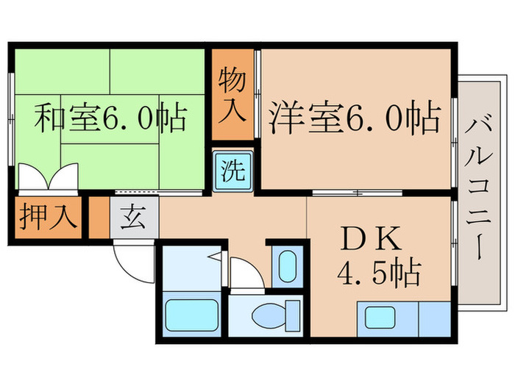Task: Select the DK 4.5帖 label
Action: click(379, 257)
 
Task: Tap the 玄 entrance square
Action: click(134, 218)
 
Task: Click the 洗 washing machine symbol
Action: click(232, 173)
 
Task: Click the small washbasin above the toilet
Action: click(288, 266)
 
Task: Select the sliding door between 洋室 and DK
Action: click(357, 193)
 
